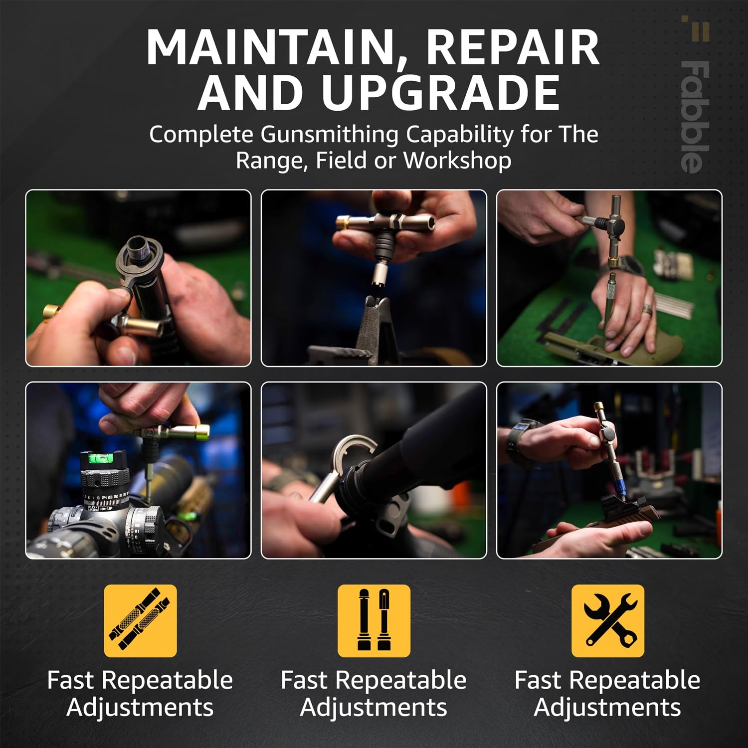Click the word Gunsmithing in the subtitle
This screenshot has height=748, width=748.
pyautogui.click(x=330, y=135)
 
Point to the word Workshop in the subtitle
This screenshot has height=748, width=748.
pyautogui.click(x=457, y=161)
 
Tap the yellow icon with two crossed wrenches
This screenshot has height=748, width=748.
pyautogui.click(x=607, y=621)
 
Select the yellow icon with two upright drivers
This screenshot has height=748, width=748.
pyautogui.click(x=374, y=621)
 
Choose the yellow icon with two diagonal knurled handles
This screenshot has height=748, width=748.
pyautogui.click(x=140, y=621)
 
